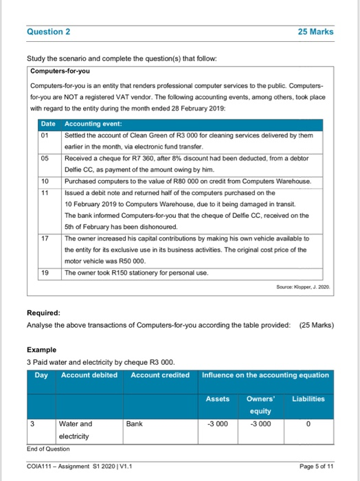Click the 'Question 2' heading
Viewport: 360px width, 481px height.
49,32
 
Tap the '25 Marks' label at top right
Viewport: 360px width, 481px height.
315,32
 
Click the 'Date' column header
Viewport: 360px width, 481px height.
48,124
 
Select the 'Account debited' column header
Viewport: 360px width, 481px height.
89,374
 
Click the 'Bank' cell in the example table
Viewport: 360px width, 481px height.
134,424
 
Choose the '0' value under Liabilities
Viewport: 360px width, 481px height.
308,424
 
